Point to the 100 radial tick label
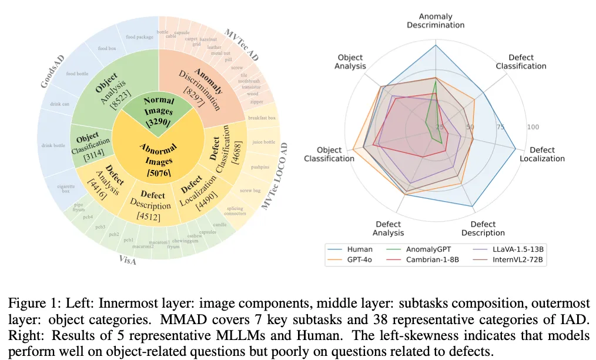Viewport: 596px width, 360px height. pyautogui.click(x=534, y=126)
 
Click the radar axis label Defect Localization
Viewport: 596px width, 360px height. pyautogui.click(x=543, y=154)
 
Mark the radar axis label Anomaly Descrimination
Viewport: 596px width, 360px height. pyautogui.click(x=436, y=21)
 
